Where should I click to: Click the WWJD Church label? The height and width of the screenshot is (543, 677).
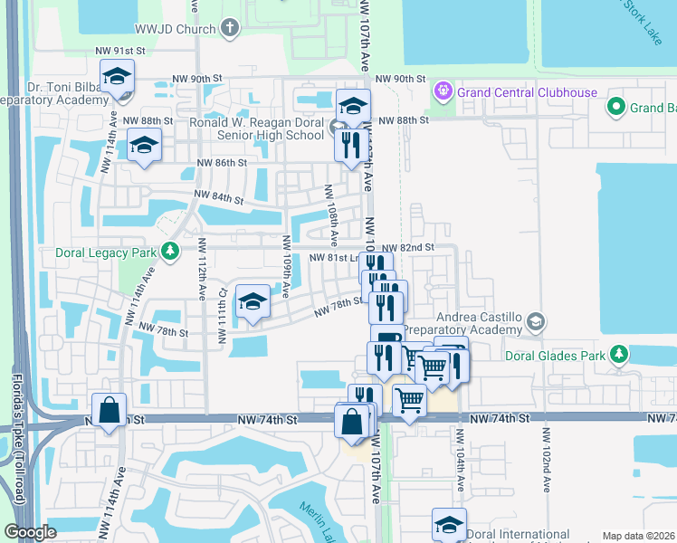coord(173,28)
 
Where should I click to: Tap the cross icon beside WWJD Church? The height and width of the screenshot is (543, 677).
coord(230,28)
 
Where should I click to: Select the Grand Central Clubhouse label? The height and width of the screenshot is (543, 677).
coord(527,91)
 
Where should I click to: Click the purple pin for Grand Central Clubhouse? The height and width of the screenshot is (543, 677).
coord(443,91)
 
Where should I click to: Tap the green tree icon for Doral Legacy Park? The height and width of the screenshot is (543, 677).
coord(169,251)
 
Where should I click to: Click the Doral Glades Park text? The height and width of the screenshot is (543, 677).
coord(555,356)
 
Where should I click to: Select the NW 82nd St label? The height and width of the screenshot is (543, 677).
coord(407,247)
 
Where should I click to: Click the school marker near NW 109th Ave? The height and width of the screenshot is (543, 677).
coord(253,301)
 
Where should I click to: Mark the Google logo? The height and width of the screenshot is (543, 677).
coord(31,532)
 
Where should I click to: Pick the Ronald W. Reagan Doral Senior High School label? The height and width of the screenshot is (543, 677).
coord(256,128)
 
